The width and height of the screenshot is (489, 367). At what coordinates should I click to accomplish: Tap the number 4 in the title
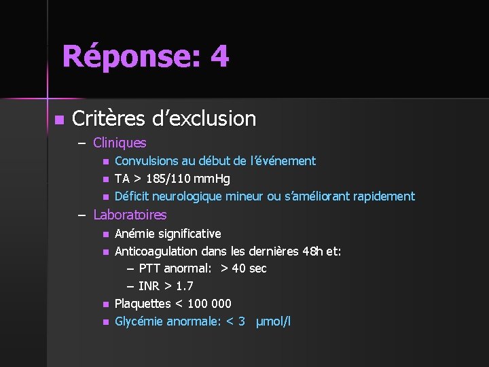pyautogui.click(x=219, y=56)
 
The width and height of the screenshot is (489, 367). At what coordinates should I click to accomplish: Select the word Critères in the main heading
pyautogui.click(x=109, y=119)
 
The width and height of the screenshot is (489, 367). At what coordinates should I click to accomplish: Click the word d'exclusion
pyautogui.click(x=204, y=119)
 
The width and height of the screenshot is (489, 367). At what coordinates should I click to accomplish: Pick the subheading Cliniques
pyautogui.click(x=120, y=143)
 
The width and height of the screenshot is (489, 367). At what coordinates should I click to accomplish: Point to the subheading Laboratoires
pyautogui.click(x=130, y=215)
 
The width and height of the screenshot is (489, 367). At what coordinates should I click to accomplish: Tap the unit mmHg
pyautogui.click(x=212, y=179)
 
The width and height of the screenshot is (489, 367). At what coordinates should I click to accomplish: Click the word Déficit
pyautogui.click(x=132, y=196)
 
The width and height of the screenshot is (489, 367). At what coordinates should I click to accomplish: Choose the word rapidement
pyautogui.click(x=382, y=196)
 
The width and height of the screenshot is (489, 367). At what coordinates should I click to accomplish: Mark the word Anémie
pyautogui.click(x=134, y=233)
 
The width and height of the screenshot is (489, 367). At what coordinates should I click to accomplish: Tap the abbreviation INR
pyautogui.click(x=149, y=286)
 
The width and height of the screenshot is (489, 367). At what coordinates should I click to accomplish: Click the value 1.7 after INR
pyautogui.click(x=185, y=286)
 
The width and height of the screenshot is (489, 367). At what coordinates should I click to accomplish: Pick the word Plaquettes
pyautogui.click(x=141, y=304)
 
